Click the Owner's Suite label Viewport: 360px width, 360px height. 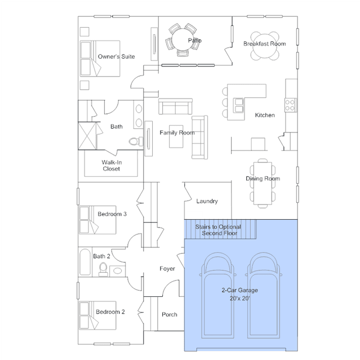click(x=116, y=56)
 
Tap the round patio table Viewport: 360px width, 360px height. click(x=183, y=39)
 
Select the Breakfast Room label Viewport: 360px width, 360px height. click(x=264, y=43)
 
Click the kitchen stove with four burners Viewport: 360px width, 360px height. click(x=290, y=105)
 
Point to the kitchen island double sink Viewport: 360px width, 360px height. click(x=238, y=105)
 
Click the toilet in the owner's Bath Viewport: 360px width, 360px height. click(x=136, y=141)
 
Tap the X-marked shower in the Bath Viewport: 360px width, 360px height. click(x=87, y=136)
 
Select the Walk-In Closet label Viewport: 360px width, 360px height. click(x=112, y=166)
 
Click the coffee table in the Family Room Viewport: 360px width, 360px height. click(x=176, y=136)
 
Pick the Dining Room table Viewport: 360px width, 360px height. click(x=263, y=184)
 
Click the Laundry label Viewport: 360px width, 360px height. click(x=207, y=201)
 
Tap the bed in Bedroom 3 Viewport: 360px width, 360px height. click(x=97, y=220)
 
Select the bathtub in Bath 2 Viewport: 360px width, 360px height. click(x=85, y=262)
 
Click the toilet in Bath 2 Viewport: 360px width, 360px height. click(x=103, y=269)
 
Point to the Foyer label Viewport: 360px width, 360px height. click(x=167, y=269)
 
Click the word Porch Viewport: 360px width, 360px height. click(x=170, y=314)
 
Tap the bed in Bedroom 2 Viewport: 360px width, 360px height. click(x=97, y=315)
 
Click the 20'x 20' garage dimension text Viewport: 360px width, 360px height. click(x=239, y=298)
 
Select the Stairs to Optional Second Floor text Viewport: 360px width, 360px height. click(x=219, y=230)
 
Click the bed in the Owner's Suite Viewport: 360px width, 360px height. click(x=100, y=59)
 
